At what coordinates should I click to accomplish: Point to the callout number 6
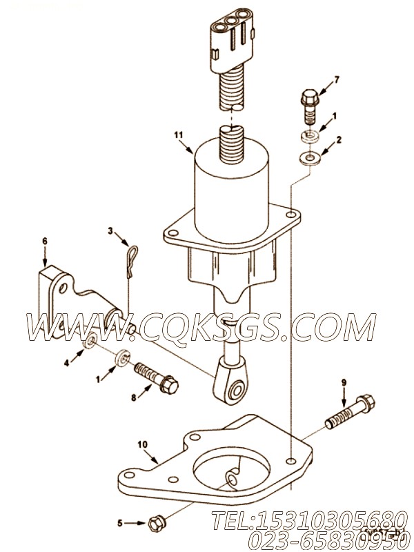coord(45,241)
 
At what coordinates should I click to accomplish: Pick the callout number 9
coord(343,380)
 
